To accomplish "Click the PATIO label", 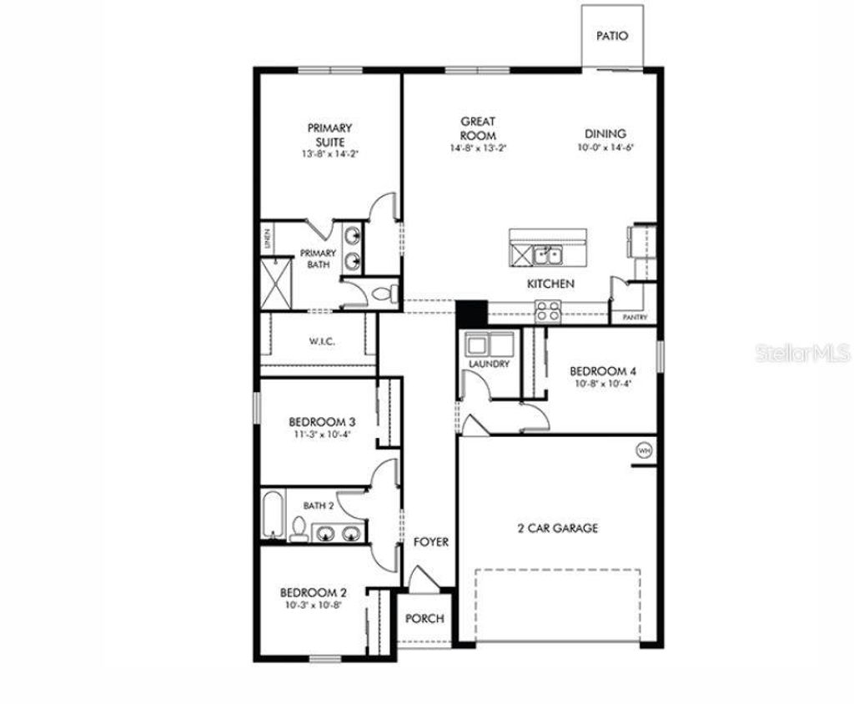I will pyautogui.click(x=611, y=37).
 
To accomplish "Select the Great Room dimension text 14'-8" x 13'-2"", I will pyautogui.click(x=478, y=148).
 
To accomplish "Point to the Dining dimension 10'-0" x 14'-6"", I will pyautogui.click(x=605, y=148).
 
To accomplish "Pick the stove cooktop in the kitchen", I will pyautogui.click(x=547, y=311).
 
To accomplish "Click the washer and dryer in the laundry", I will pyautogui.click(x=489, y=344).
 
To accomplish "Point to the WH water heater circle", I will pyautogui.click(x=644, y=450).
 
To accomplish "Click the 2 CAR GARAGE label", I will pyautogui.click(x=558, y=528).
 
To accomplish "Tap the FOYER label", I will pyautogui.click(x=431, y=542).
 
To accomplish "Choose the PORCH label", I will pyautogui.click(x=424, y=619).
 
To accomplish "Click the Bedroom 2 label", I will pyautogui.click(x=313, y=593).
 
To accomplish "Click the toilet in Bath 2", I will pyautogui.click(x=298, y=529).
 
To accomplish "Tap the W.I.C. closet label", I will pyautogui.click(x=321, y=341).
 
